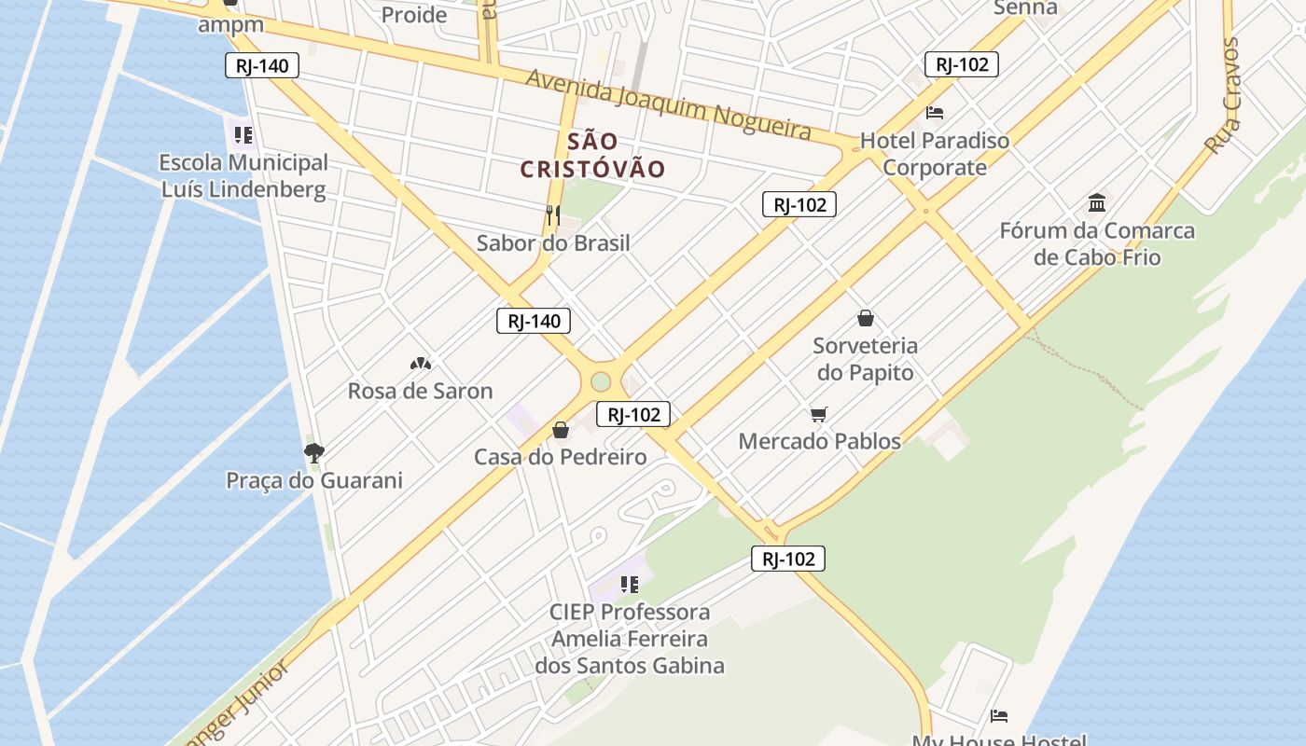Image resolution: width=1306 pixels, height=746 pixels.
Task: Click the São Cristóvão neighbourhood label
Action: point(592,155)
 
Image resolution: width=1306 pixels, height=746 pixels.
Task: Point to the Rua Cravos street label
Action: point(1222,95)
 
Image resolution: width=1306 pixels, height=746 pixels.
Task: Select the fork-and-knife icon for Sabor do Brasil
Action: point(553,215)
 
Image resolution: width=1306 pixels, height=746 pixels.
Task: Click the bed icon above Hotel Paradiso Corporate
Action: point(935,113)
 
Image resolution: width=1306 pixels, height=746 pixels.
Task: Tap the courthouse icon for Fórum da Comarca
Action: point(1097,202)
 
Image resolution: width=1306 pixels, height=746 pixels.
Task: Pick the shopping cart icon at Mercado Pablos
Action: point(819,414)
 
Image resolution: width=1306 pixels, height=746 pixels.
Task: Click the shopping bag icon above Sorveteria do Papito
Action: point(866,318)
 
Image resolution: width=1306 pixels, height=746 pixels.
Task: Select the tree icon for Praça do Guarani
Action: point(314,453)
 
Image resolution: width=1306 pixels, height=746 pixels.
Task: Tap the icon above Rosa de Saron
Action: point(420,364)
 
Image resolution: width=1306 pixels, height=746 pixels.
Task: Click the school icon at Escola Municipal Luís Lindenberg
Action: point(243,135)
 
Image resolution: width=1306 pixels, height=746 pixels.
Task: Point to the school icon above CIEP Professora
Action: point(630,585)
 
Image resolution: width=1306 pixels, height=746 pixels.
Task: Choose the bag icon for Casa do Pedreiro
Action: point(561,430)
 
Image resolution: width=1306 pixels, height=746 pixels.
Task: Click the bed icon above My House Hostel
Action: point(999,716)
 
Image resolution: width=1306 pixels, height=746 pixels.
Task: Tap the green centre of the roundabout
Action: point(601,381)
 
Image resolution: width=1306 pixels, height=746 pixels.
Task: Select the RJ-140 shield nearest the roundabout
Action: point(534,322)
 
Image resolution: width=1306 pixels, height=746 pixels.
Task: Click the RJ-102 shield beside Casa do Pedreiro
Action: point(633,415)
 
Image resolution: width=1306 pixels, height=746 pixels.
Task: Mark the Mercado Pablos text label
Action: point(820,441)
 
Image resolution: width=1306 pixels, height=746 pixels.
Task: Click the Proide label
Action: point(414,15)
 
